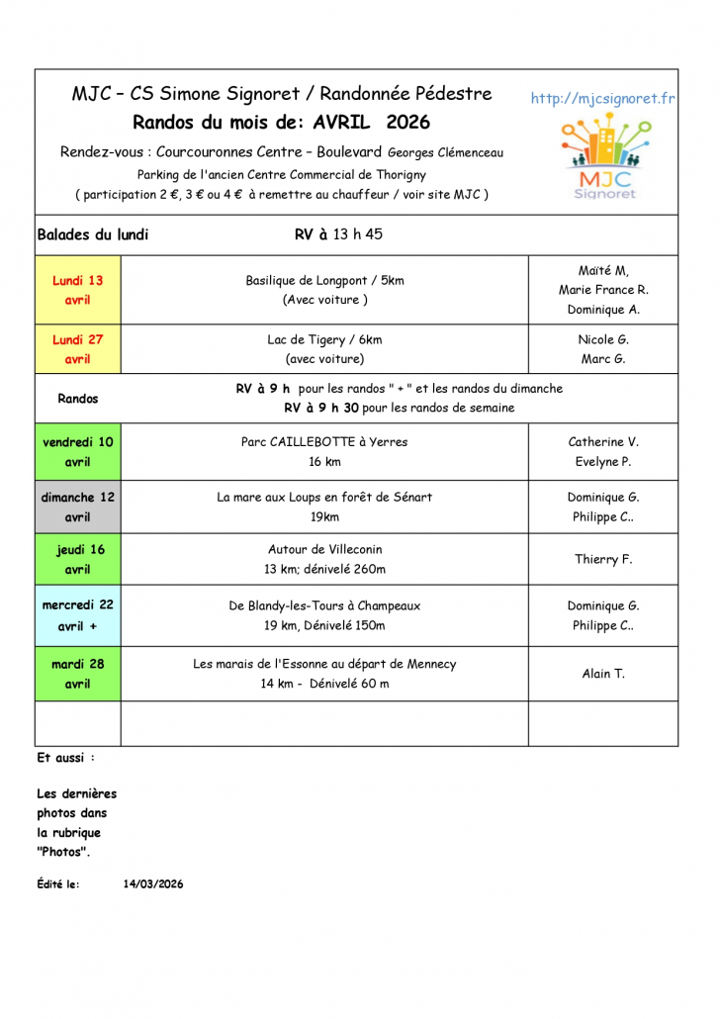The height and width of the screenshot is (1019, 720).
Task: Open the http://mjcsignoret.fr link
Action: point(602,98)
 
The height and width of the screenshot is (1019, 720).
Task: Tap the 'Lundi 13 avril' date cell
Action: point(77,290)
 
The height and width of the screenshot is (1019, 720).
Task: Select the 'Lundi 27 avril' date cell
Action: point(77,349)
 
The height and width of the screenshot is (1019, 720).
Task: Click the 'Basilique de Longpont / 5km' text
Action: point(324,281)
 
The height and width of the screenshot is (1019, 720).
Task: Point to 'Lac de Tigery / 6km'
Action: point(324,339)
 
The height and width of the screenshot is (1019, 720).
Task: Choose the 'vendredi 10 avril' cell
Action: point(77,452)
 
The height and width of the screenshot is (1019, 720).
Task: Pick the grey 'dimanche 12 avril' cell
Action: point(77,508)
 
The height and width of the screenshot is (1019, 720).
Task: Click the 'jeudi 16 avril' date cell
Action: point(77,559)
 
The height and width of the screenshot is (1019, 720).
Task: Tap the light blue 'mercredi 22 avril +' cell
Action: point(77,615)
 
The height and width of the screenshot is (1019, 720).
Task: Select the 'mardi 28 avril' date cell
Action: point(77,674)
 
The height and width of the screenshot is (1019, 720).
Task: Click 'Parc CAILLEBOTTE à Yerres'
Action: point(324,442)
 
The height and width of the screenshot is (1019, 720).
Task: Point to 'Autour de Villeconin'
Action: point(324,549)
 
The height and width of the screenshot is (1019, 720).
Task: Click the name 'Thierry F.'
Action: point(603,560)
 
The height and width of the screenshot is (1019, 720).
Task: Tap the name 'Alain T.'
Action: point(603,674)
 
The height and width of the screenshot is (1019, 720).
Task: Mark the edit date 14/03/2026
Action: point(153,884)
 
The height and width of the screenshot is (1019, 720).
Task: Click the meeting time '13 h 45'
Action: point(358,234)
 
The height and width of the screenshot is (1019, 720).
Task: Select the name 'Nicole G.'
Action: point(603,339)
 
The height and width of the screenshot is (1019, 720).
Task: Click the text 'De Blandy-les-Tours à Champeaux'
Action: point(324,605)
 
